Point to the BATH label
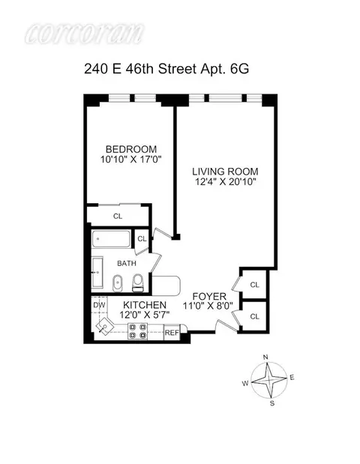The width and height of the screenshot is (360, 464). [126, 264]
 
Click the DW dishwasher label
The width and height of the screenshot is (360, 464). [99, 305]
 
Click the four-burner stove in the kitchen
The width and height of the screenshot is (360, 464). [138, 331]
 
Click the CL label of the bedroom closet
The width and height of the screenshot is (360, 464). [118, 216]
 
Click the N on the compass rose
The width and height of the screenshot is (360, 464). [266, 357]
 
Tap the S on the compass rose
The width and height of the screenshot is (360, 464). [272, 404]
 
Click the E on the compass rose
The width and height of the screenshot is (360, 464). [292, 376]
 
